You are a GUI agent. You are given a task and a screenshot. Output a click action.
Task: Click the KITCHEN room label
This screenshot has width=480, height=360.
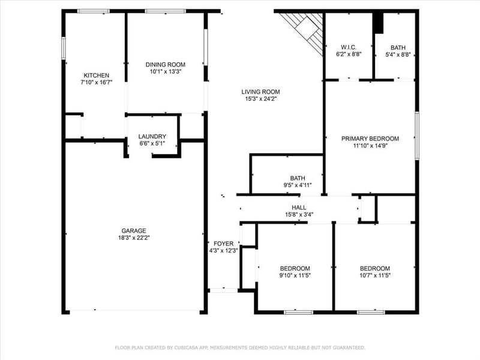point(97,76)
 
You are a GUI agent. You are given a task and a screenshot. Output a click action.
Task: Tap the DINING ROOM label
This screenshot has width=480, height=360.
point(166,65)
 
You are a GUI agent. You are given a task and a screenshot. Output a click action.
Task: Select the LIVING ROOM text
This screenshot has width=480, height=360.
point(260,92)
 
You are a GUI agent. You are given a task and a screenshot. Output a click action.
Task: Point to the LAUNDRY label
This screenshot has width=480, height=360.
point(152,137)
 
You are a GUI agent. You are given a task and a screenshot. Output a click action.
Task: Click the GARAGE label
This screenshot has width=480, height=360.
point(134,231)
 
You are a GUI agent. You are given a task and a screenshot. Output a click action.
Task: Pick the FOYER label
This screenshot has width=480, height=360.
point(223,244)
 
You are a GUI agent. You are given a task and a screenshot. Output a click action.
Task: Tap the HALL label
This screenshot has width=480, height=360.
point(299,208)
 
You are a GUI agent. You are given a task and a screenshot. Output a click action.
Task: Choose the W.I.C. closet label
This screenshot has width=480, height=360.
point(349,47)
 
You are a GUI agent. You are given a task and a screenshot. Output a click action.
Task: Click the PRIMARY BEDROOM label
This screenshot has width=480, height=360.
point(370,139)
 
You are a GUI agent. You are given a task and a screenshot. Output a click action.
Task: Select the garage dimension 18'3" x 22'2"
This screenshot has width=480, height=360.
point(134,238)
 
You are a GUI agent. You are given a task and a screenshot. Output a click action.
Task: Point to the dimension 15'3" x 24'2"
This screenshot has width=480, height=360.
point(260,99)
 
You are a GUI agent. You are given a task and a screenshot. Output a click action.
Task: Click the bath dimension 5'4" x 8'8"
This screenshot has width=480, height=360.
point(398,55)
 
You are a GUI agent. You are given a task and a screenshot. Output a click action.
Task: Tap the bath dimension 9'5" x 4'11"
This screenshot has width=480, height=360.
point(298,185)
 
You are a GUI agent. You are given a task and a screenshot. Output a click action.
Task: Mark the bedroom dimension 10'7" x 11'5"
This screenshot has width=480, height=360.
point(375,275)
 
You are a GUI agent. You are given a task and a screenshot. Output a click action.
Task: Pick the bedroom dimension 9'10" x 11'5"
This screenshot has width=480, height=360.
point(295,275)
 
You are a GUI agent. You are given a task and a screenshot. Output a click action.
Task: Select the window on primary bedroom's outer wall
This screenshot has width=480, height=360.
point(417,136)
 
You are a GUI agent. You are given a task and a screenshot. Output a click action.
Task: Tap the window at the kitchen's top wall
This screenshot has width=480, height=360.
point(94,11)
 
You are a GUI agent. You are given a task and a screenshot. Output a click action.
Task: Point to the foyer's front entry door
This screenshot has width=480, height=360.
point(223,290)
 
